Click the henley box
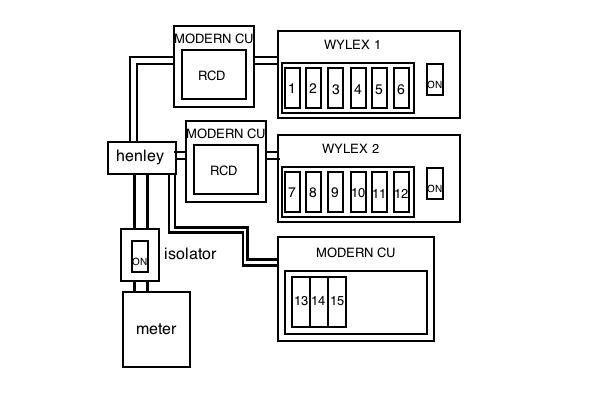click(x=140, y=157)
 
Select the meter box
click(x=155, y=329)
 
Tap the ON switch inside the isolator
click(x=140, y=259)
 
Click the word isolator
click(x=190, y=254)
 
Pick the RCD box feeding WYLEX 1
click(x=211, y=75)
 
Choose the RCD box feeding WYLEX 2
click(x=224, y=170)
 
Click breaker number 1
click(x=291, y=90)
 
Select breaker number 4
click(x=357, y=90)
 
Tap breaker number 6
click(x=401, y=90)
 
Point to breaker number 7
click(x=291, y=192)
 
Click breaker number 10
click(x=358, y=192)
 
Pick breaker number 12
click(x=401, y=192)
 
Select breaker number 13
click(x=300, y=300)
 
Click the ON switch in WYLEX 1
click(x=434, y=84)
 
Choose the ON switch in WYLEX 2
click(x=434, y=188)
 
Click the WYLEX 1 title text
click(x=352, y=45)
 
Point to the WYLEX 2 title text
click(x=350, y=149)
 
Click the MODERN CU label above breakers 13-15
click(x=355, y=252)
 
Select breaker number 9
click(x=335, y=192)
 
